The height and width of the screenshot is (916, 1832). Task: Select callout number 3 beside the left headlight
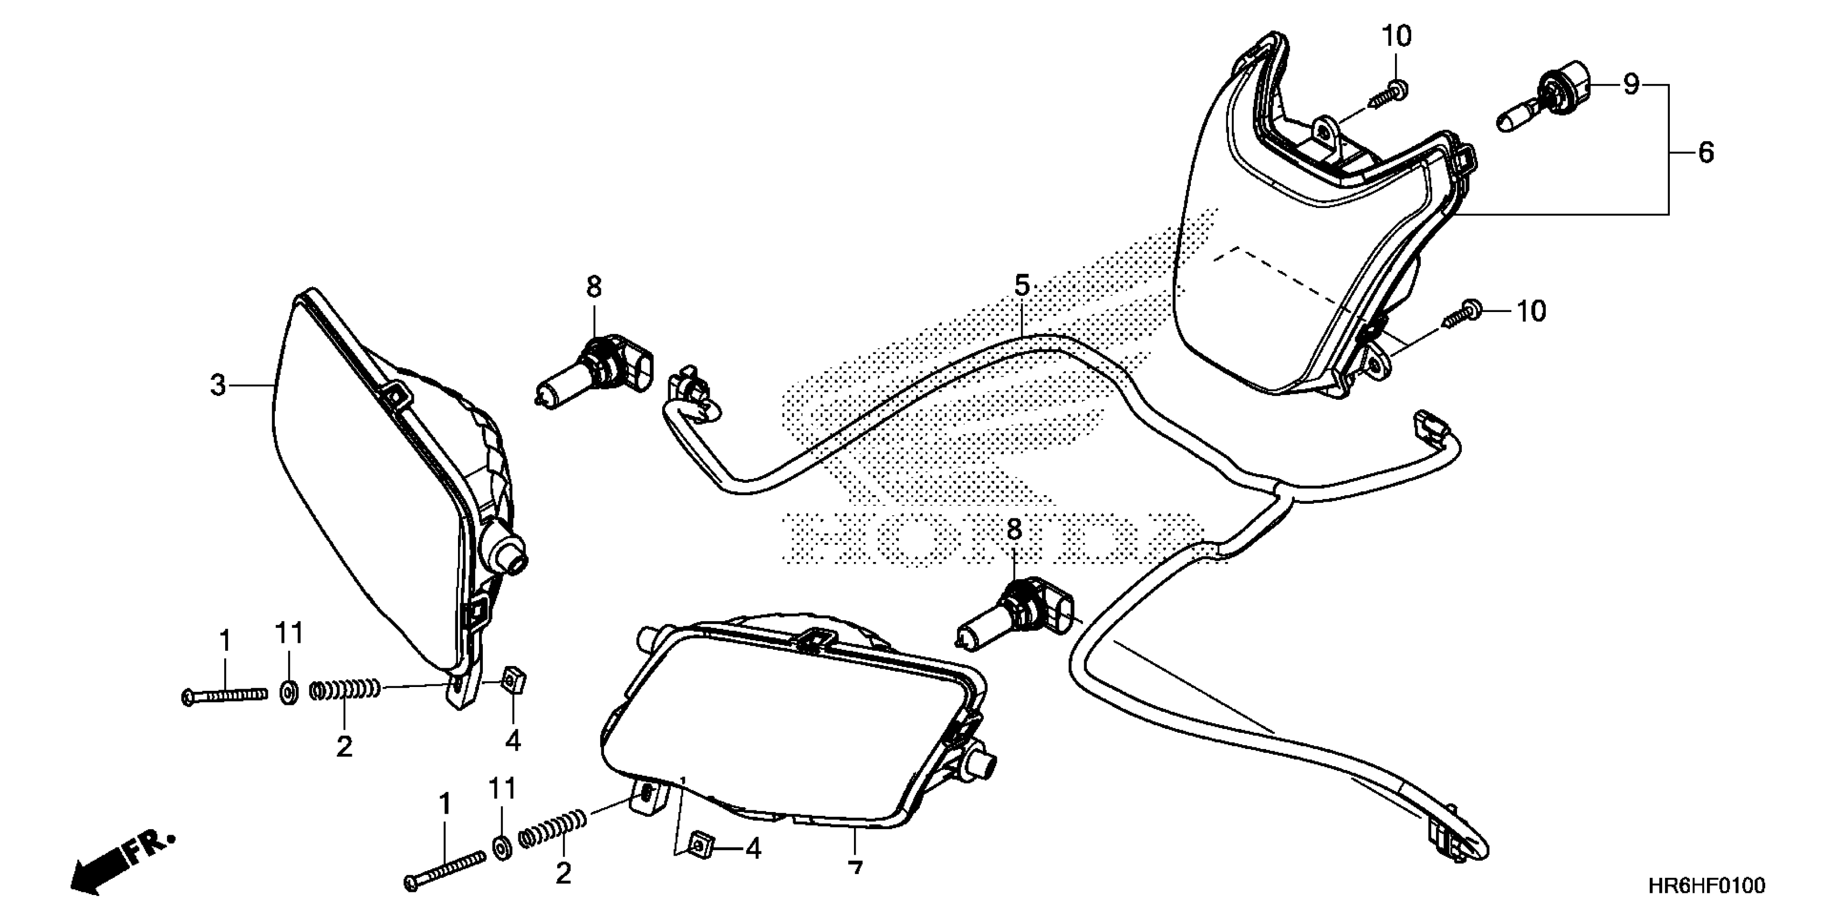pyautogui.click(x=218, y=385)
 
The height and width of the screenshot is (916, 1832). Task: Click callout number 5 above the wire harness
pyautogui.click(x=1021, y=287)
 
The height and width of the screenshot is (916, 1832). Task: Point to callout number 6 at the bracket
pyautogui.click(x=1705, y=152)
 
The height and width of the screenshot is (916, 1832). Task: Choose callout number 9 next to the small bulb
pyautogui.click(x=1630, y=85)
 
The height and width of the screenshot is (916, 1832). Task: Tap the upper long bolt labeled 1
pyautogui.click(x=224, y=696)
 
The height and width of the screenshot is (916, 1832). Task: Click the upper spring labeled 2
pyautogui.click(x=345, y=689)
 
